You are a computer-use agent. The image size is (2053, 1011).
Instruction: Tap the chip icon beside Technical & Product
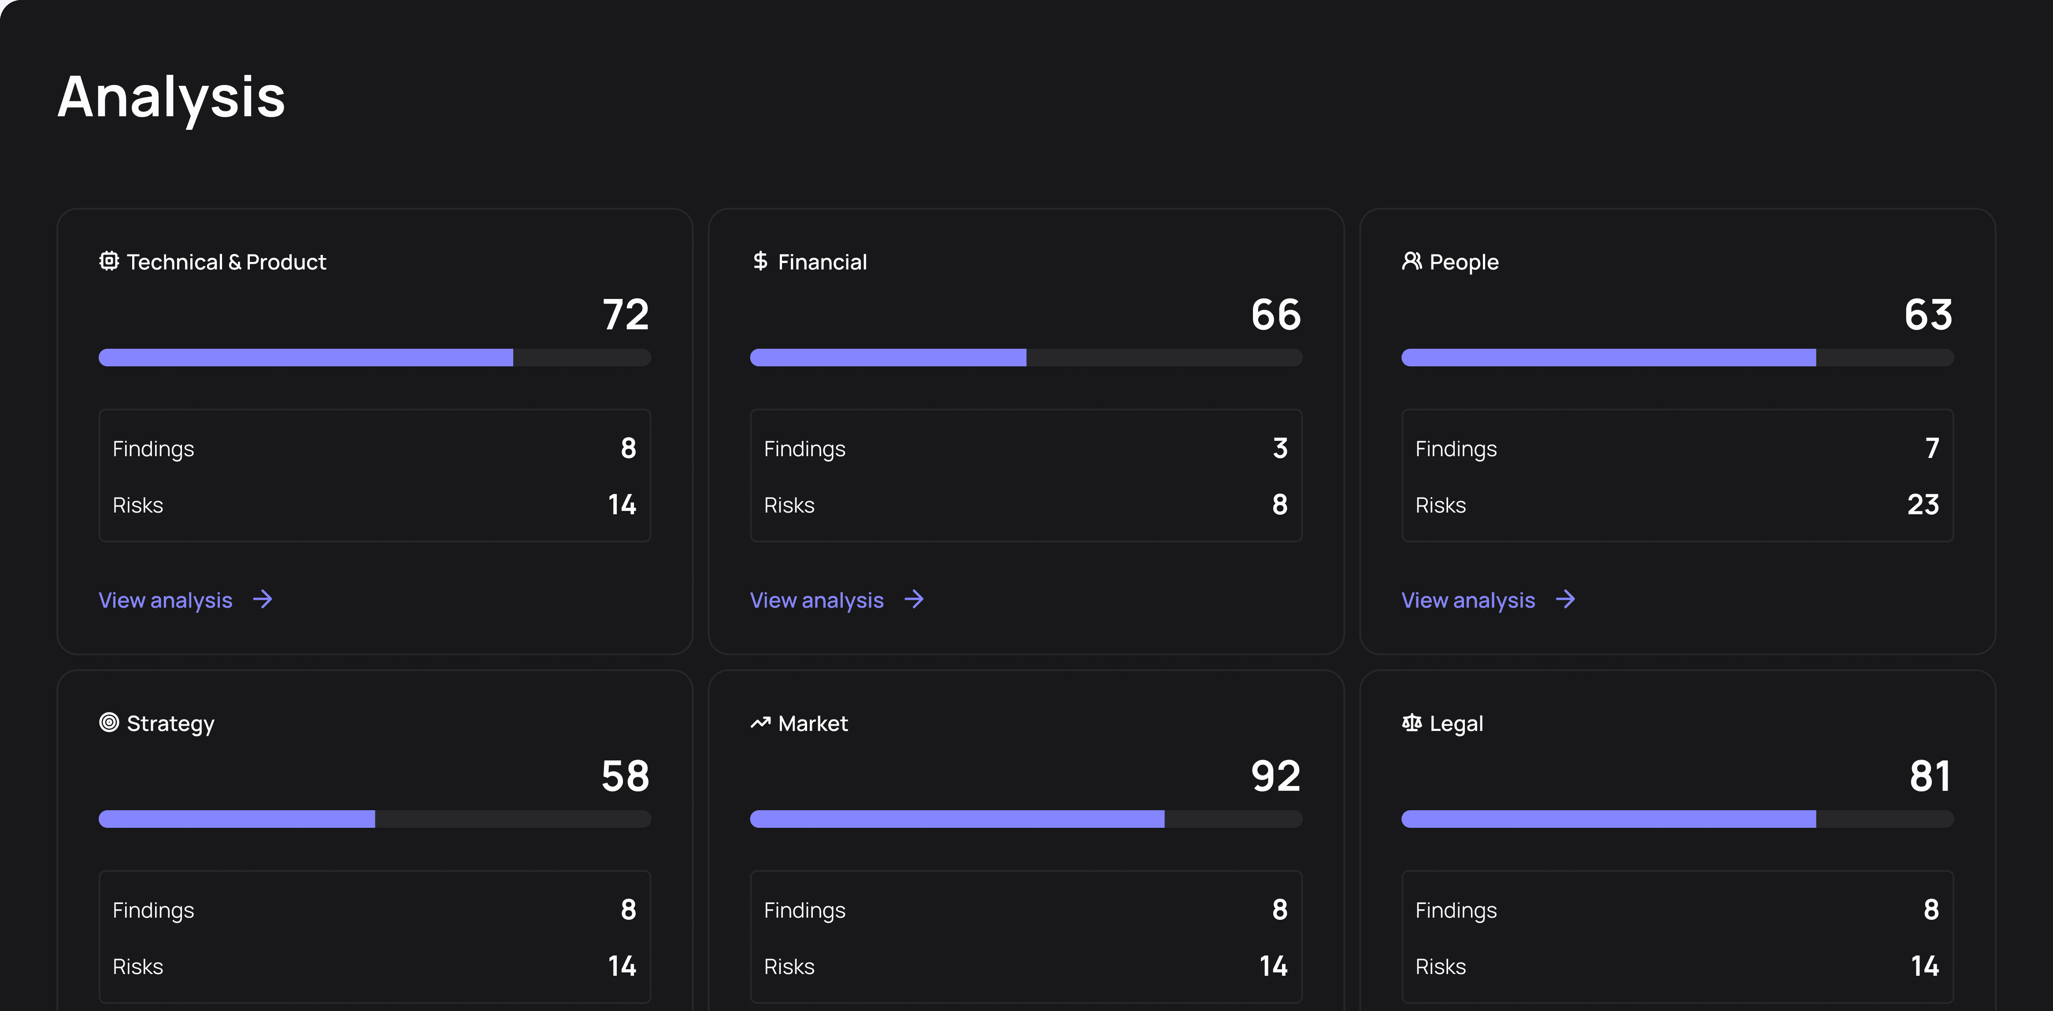point(109,261)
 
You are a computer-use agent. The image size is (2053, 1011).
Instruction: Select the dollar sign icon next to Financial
point(760,261)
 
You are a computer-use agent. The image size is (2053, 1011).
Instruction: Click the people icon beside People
point(1412,261)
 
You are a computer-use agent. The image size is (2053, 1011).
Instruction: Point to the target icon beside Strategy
point(109,723)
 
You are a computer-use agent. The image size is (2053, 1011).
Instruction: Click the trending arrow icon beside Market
point(760,723)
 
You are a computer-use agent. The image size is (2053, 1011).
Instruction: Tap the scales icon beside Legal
point(1412,723)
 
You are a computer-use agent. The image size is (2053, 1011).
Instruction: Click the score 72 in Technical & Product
point(626,315)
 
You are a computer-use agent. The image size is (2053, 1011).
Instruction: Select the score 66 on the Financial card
point(1276,315)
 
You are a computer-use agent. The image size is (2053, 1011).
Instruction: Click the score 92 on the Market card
point(1276,776)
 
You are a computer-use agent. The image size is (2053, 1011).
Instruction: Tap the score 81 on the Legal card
point(1930,776)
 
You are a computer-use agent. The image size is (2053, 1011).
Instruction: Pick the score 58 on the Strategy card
point(626,776)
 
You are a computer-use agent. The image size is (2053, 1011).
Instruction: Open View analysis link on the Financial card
point(817,600)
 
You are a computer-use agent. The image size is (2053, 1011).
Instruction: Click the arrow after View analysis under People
point(1565,599)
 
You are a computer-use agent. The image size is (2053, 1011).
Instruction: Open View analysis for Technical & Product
point(166,600)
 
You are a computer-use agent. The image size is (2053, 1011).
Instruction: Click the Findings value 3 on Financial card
point(1280,449)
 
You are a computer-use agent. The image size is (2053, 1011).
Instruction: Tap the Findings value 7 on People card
point(1932,449)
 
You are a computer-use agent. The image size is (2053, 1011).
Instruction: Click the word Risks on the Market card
point(789,967)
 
